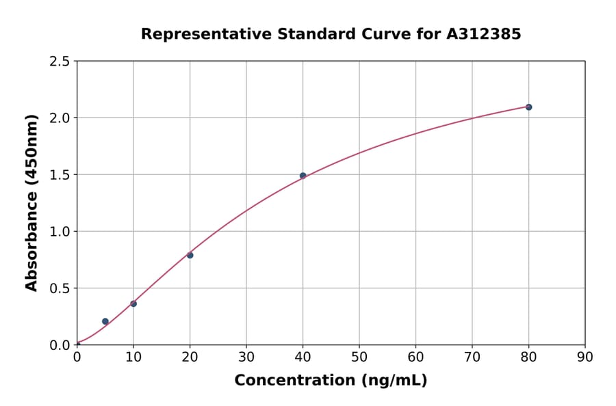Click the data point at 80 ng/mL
click(x=528, y=107)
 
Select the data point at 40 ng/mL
click(x=303, y=176)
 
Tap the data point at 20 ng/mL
click(x=190, y=255)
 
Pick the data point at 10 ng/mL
click(x=133, y=303)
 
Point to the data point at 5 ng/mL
click(x=105, y=321)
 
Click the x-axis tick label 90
click(x=585, y=356)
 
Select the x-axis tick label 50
click(x=359, y=356)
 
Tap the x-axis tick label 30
click(x=246, y=356)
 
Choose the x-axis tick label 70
click(x=472, y=356)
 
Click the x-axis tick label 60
click(x=415, y=356)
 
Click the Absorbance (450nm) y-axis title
click(x=31, y=203)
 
